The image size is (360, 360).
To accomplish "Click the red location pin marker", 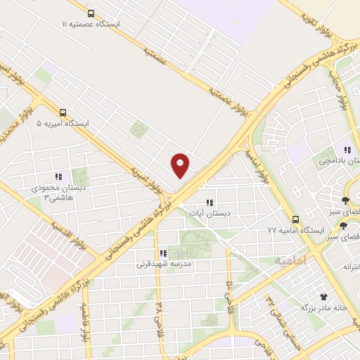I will (x=181, y=165).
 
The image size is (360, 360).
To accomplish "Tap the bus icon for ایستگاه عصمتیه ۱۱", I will (x=91, y=13).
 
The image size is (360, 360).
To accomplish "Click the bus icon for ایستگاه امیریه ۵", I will (x=63, y=112).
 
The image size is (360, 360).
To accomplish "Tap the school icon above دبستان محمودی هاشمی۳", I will (x=58, y=177).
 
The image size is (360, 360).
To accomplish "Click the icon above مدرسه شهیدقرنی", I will (x=162, y=253).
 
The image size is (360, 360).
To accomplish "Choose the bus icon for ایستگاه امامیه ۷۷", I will (x=295, y=219).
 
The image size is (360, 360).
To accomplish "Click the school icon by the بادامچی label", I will (x=347, y=149).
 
